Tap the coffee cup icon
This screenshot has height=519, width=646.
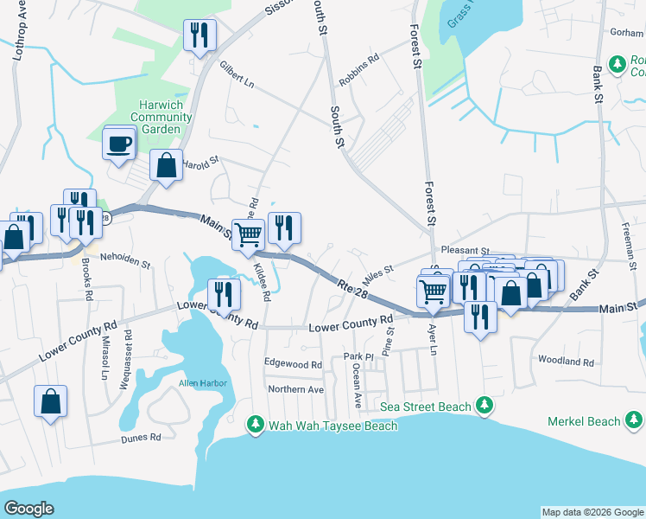pos(118,143)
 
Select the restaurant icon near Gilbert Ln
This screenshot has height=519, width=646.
pos(199,35)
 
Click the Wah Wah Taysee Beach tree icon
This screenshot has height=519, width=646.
pos(255,425)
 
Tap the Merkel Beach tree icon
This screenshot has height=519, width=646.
pos(632,421)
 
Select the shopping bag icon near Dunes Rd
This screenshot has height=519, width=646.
pos(51,401)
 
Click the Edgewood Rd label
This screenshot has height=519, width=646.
pos(293,364)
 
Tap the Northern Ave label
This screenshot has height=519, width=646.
pos(294,389)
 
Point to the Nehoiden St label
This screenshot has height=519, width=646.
pos(125,258)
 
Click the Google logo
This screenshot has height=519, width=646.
pos(28,509)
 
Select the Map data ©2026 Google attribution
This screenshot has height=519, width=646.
pos(592,512)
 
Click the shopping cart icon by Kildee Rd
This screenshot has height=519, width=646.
pos(248,234)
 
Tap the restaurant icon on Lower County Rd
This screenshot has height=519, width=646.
pos(224,294)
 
